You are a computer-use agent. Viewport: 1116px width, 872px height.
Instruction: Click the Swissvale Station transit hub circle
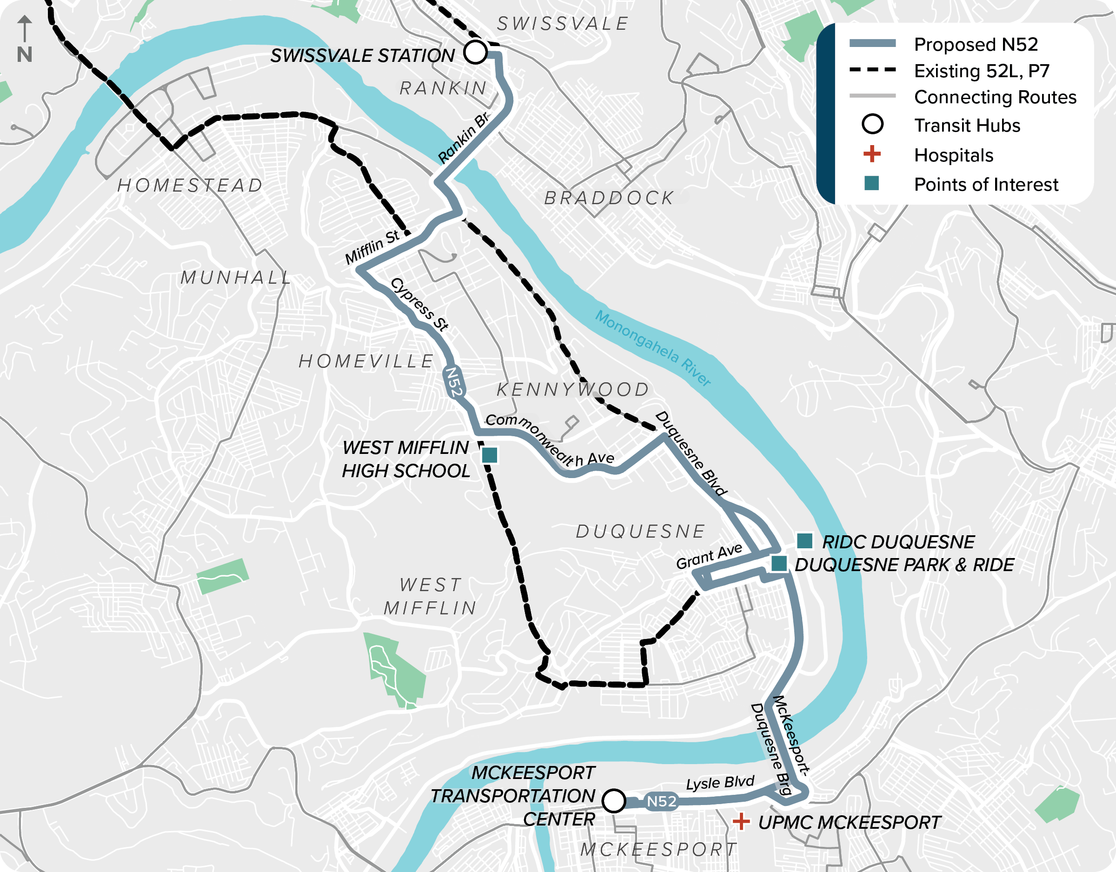coord(475,52)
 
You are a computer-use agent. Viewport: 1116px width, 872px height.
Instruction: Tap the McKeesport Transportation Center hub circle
coord(614,800)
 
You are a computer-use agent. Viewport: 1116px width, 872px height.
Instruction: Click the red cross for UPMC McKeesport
coord(741,822)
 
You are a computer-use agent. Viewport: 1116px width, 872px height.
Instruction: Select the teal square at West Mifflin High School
coord(490,454)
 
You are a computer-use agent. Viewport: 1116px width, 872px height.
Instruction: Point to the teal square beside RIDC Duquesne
coord(805,540)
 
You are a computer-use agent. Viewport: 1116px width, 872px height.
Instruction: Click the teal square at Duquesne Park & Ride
coord(779,563)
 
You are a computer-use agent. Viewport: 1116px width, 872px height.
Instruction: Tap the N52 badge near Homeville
coord(454,382)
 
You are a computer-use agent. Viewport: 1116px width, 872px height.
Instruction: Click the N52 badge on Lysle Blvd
coord(661,801)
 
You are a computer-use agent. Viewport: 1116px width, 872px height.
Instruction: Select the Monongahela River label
coord(652,347)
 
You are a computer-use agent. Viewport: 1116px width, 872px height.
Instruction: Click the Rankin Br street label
coord(464,138)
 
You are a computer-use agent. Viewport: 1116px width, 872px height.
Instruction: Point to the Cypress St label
coord(419,305)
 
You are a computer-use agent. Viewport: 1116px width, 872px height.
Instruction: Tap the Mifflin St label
coord(372,247)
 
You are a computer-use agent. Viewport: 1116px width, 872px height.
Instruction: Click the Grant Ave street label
coord(709,556)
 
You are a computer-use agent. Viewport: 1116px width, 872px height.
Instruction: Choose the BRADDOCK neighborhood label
coord(609,198)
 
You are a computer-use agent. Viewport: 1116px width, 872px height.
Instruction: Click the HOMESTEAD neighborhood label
coord(190,185)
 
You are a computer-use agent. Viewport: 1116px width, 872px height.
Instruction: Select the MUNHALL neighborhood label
coord(236,278)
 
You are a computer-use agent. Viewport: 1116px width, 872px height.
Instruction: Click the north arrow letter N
coord(25,55)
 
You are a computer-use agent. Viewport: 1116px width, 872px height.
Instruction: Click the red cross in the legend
coord(872,154)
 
